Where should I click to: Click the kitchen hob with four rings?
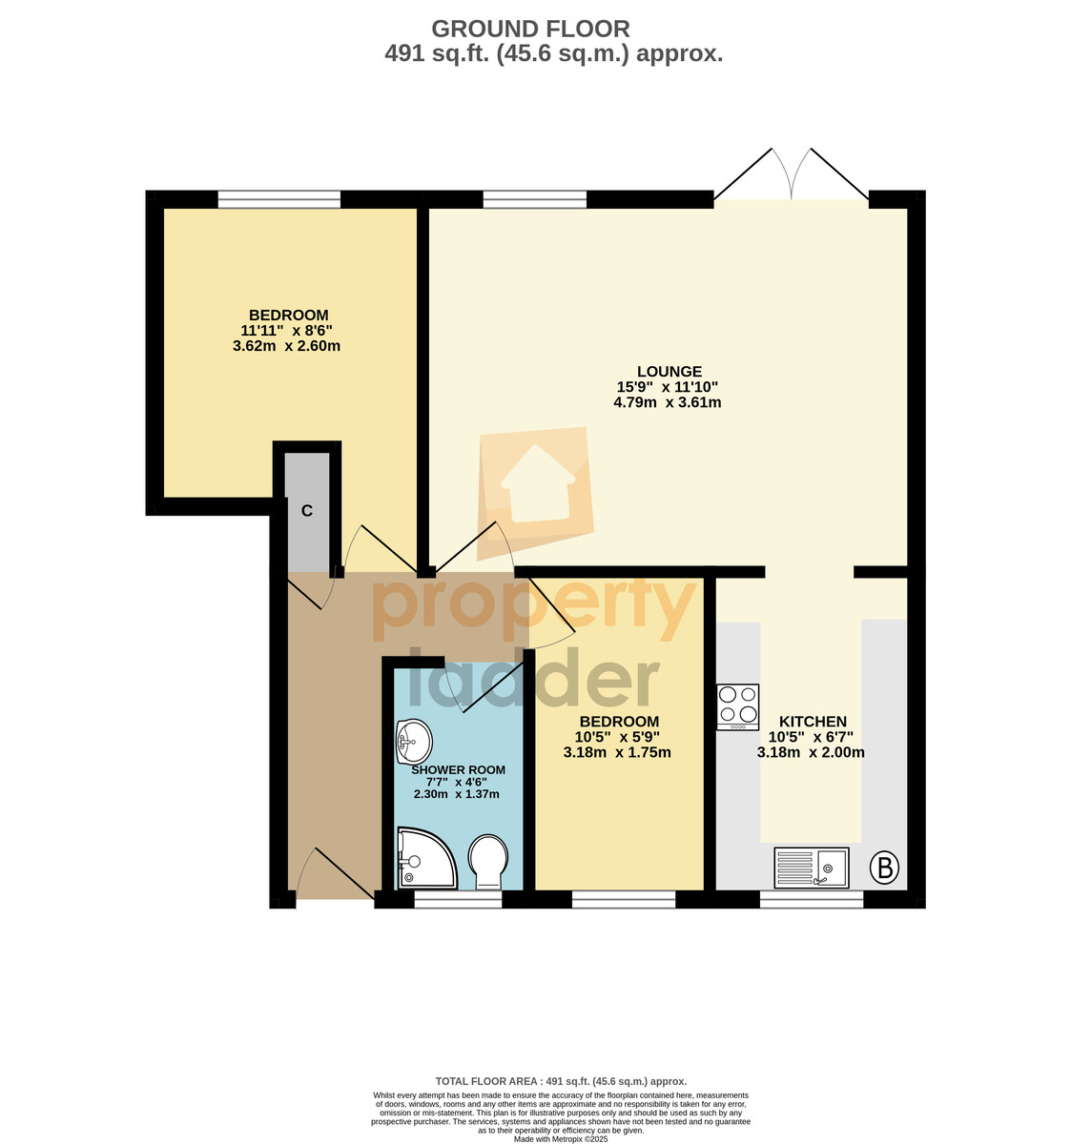point(737,706)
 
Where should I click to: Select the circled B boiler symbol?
point(884,867)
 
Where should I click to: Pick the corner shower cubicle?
point(426,858)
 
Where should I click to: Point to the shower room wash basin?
point(414,741)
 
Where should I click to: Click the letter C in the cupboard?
point(307,511)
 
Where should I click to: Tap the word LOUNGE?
point(669,372)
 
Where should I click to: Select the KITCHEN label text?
point(813,721)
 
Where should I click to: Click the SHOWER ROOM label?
point(459,769)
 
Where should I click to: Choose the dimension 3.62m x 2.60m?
point(286,346)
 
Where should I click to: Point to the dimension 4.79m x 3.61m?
point(668,402)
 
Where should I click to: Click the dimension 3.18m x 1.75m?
point(617,752)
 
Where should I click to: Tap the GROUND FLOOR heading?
point(531,29)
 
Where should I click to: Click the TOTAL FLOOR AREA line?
point(561,1081)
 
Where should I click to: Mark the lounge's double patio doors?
point(791,174)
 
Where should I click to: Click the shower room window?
point(459,899)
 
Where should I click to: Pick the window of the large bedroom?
point(279,198)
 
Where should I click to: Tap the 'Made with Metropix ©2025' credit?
point(560,1139)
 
